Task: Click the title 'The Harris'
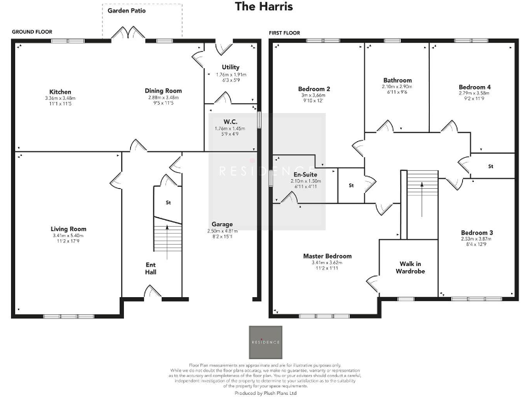coord(264,7)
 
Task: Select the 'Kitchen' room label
coord(60,92)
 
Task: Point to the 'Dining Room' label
coord(163,91)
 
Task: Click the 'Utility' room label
coord(221,68)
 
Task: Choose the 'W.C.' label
coord(221,121)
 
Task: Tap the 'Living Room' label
coord(68,229)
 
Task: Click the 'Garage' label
coord(222,224)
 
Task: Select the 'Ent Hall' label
coord(151,268)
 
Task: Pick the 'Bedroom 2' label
coord(314,89)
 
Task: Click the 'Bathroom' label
coord(397,81)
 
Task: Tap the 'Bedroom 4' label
coord(475,88)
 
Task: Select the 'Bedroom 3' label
coord(477,232)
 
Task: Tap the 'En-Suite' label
coord(304,175)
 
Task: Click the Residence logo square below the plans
coord(264,342)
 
